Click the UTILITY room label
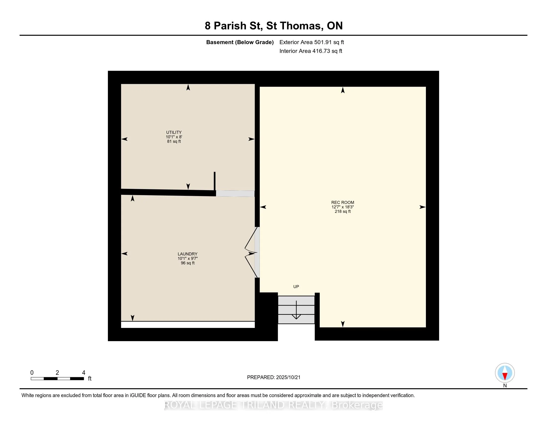pyautogui.click(x=174, y=132)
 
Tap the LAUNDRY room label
pyautogui.click(x=187, y=254)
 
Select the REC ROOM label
pyautogui.click(x=343, y=203)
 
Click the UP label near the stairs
pyautogui.click(x=296, y=286)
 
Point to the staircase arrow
pyautogui.click(x=296, y=310)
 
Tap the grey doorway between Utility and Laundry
pyautogui.click(x=235, y=193)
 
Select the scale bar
pyautogui.click(x=57, y=378)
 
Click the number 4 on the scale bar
pyautogui.click(x=84, y=373)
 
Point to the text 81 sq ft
pyautogui.click(x=174, y=141)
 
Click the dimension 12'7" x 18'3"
pyautogui.click(x=343, y=207)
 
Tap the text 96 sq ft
pyautogui.click(x=187, y=263)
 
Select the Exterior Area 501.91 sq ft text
pyautogui.click(x=312, y=42)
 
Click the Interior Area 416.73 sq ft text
pyautogui.click(x=311, y=51)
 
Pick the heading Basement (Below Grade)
pyautogui.click(x=240, y=42)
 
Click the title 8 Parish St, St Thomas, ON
pyautogui.click(x=274, y=26)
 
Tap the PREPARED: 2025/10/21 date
pyautogui.click(x=273, y=377)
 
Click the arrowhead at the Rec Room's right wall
pyautogui.click(x=422, y=207)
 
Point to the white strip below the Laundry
pyautogui.click(x=188, y=324)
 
